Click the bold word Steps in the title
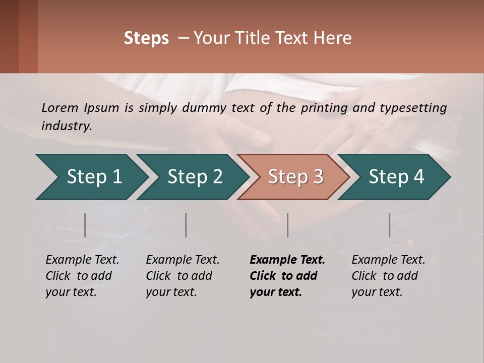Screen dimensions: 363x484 146,38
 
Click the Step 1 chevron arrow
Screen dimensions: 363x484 91,177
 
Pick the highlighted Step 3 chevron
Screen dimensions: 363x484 295,177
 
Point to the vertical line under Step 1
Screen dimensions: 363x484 85,225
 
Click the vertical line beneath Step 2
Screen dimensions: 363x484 186,225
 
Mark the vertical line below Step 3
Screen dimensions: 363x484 287,225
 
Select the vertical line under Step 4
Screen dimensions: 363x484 389,225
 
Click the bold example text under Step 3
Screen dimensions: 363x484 287,276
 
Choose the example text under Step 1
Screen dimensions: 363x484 82,276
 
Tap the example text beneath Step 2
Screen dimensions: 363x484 182,276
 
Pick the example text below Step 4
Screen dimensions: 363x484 388,276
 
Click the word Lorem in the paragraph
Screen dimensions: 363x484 60,108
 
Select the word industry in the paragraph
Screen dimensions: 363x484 66,126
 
